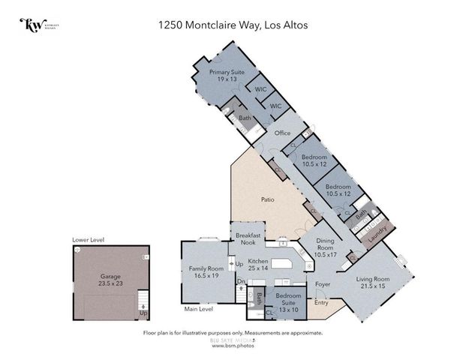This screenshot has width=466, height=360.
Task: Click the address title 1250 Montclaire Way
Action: coord(233,25)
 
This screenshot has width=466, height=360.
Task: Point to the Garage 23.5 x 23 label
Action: coord(110,280)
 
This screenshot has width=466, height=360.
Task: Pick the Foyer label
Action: coord(323,285)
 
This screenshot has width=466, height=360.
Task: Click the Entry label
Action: coord(321,303)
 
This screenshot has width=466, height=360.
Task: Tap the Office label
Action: coord(282,133)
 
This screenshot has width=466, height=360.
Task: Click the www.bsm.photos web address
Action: coord(233,346)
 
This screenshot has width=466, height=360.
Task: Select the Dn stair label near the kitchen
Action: coord(240,282)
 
